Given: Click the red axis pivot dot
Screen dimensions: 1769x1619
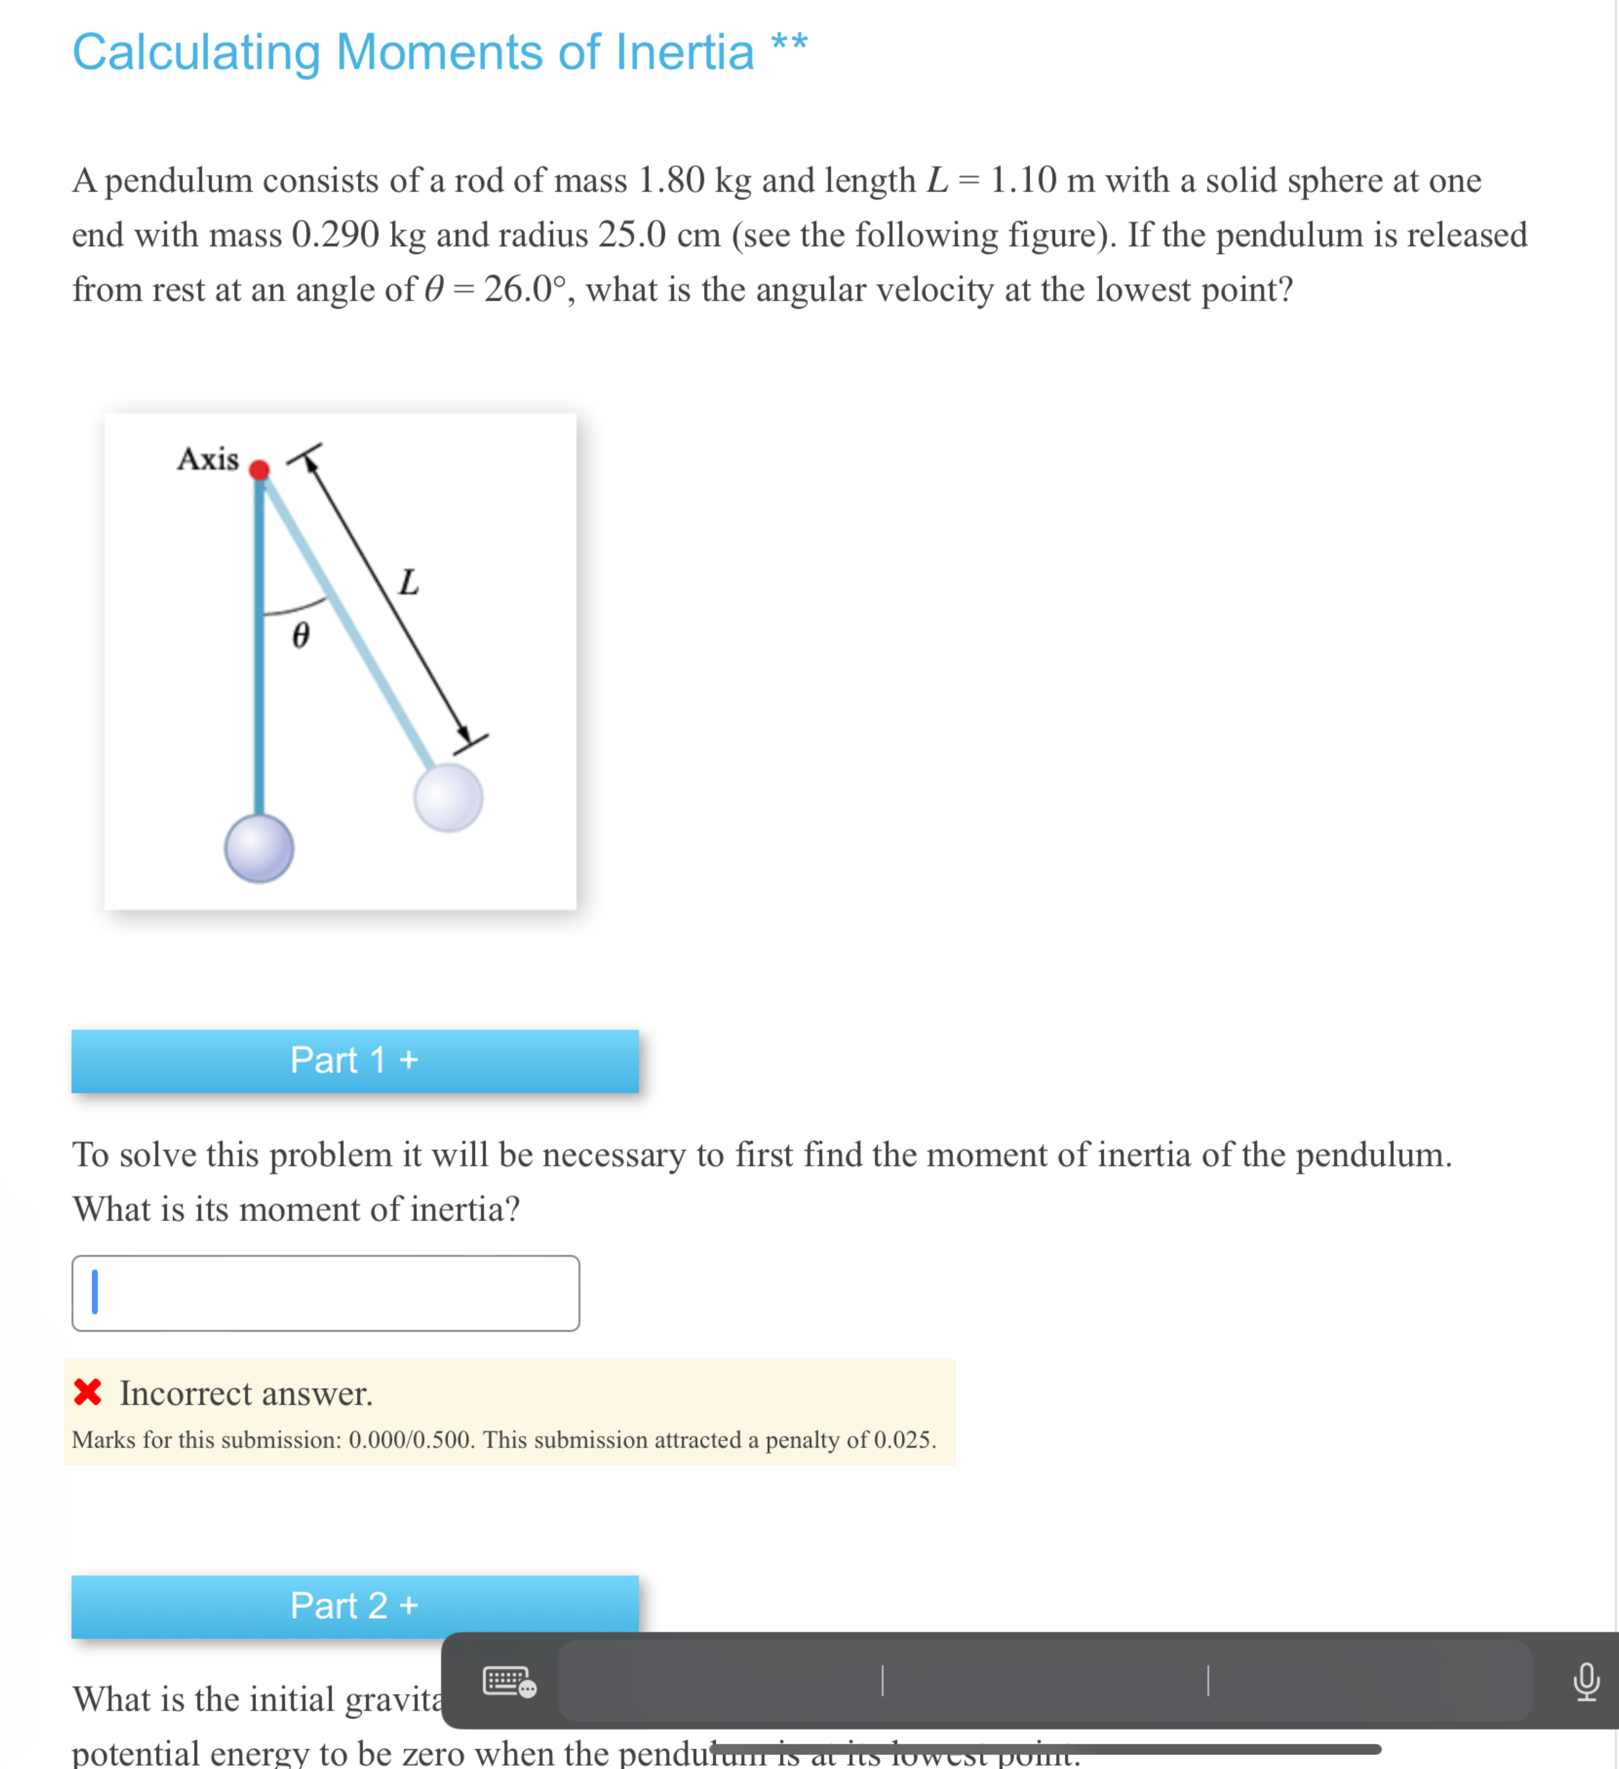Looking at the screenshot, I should click(259, 470).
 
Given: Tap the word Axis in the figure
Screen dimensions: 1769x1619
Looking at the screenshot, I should click(208, 459).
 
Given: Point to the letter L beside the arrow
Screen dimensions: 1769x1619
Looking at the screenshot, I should click(408, 583).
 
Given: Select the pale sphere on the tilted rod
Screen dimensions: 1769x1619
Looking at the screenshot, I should click(449, 798).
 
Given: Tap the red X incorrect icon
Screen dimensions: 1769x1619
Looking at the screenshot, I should click(88, 1392).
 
